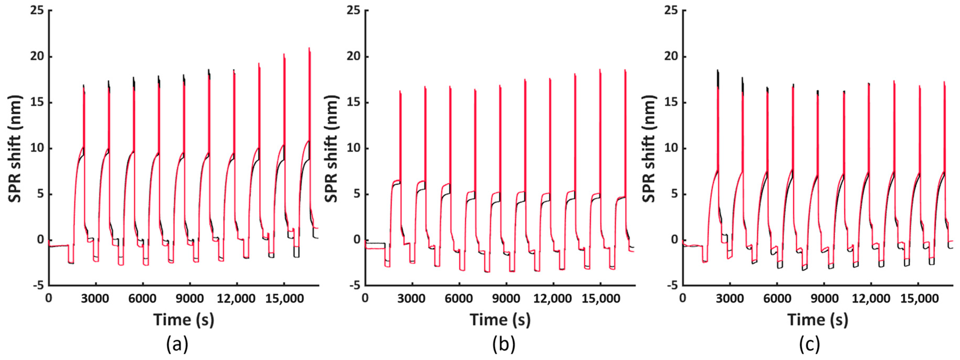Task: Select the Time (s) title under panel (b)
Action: pyautogui.click(x=500, y=320)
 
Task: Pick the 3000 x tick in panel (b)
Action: pyautogui.click(x=411, y=299)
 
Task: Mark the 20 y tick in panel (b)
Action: pyautogui.click(x=354, y=57)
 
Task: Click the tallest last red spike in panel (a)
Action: pyautogui.click(x=309, y=48)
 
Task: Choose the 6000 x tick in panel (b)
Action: pyautogui.click(x=458, y=299)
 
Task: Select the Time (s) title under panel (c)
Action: pyautogui.click(x=818, y=320)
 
